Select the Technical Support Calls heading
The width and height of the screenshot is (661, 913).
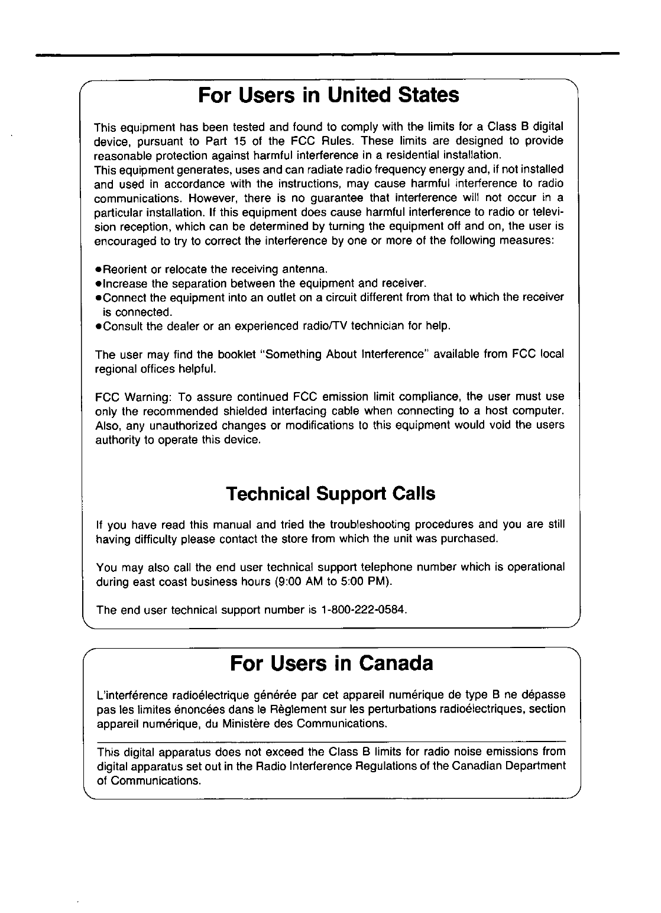[x=330, y=494]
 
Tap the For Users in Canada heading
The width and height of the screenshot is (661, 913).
[x=330, y=663]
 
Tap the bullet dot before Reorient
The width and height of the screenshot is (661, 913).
[x=98, y=270]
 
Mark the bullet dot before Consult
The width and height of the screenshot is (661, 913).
[x=98, y=326]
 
